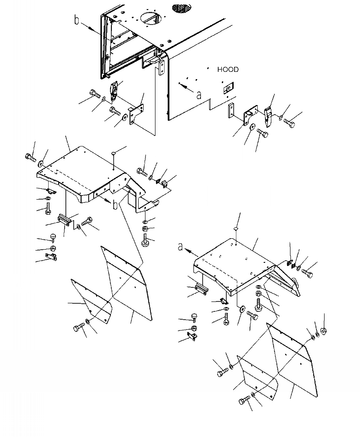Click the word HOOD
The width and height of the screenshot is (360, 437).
click(x=228, y=70)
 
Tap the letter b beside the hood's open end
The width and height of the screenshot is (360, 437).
click(x=77, y=20)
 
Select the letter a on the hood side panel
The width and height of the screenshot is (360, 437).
click(x=199, y=95)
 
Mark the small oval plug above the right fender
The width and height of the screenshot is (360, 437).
click(x=236, y=229)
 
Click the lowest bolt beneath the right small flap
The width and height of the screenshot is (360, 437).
click(x=244, y=401)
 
